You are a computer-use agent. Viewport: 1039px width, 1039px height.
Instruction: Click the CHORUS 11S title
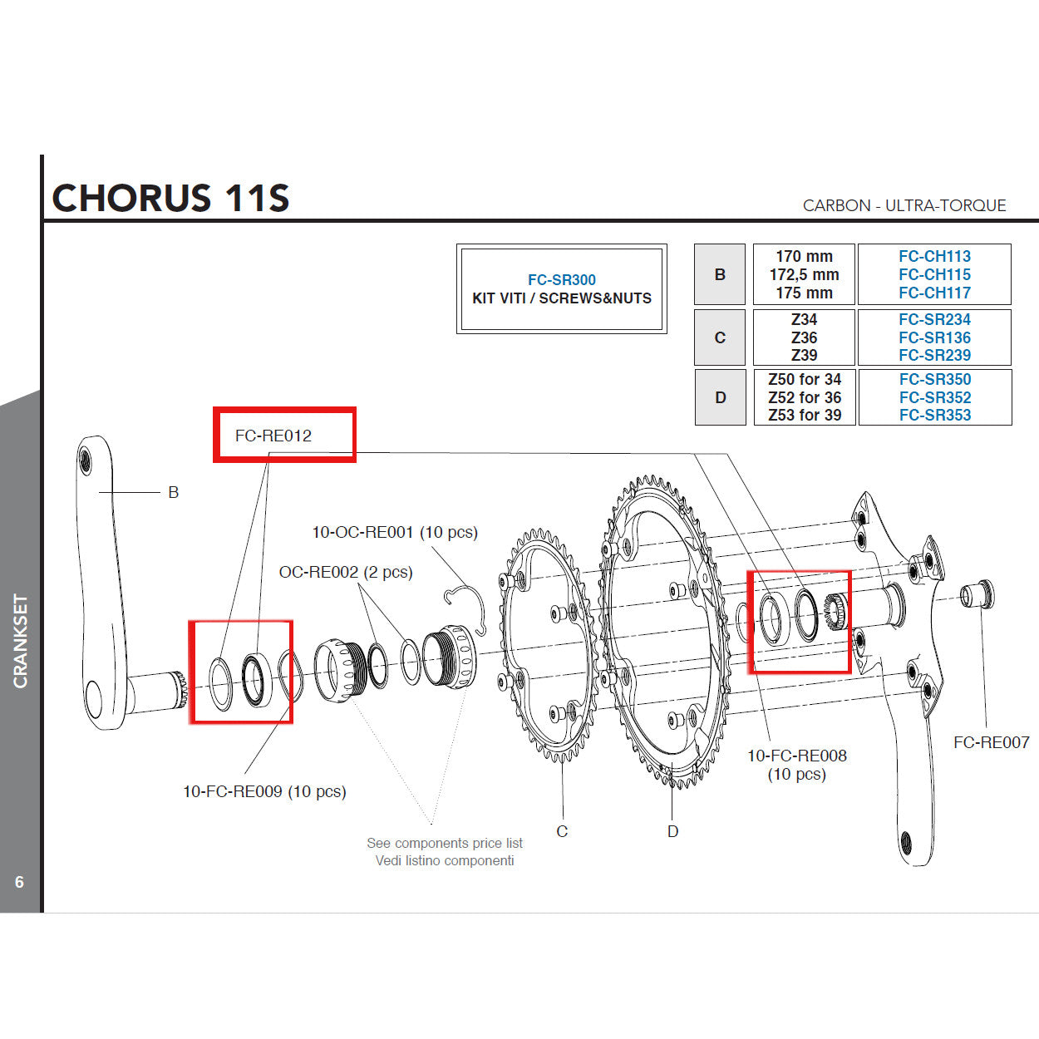pyautogui.click(x=170, y=198)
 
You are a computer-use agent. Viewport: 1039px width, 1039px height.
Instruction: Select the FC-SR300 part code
pyautogui.click(x=561, y=280)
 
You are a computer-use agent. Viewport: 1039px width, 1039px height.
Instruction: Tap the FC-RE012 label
pyautogui.click(x=273, y=436)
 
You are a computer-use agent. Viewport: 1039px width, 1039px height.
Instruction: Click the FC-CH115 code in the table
pyautogui.click(x=934, y=274)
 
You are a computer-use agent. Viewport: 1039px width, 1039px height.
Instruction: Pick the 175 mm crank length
pyautogui.click(x=804, y=293)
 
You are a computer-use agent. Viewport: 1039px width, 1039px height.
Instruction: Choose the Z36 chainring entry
pyautogui.click(x=804, y=337)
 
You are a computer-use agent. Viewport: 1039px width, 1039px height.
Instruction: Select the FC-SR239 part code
pyautogui.click(x=934, y=355)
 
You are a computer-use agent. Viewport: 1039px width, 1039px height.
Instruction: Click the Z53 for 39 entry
pyautogui.click(x=804, y=415)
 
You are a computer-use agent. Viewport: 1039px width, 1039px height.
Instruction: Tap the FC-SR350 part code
pyautogui.click(x=934, y=379)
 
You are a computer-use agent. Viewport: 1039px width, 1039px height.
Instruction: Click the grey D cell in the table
pyautogui.click(x=720, y=397)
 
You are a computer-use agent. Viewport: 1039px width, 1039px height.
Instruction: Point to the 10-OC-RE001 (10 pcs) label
pyautogui.click(x=395, y=532)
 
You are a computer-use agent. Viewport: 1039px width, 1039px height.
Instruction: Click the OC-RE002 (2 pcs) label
pyautogui.click(x=346, y=572)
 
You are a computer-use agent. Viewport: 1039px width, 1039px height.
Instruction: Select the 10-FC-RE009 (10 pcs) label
pyautogui.click(x=264, y=791)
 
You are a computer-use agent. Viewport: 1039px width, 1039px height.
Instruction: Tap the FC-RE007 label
pyautogui.click(x=991, y=742)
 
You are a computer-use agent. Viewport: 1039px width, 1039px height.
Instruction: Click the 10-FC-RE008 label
pyautogui.click(x=796, y=756)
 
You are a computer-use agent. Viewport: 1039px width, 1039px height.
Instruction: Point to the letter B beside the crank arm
pyautogui.click(x=173, y=492)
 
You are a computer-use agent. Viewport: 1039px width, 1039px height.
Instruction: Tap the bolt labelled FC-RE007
pyautogui.click(x=977, y=595)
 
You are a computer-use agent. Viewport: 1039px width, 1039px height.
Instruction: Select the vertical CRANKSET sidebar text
pyautogui.click(x=21, y=641)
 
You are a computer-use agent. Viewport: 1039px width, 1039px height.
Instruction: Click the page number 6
pyautogui.click(x=20, y=882)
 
